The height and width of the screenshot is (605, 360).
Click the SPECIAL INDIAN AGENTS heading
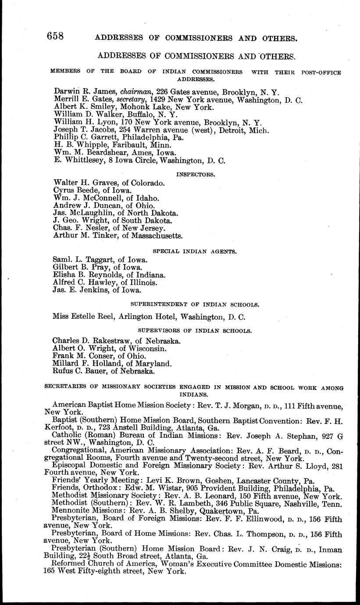tap(194, 252)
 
